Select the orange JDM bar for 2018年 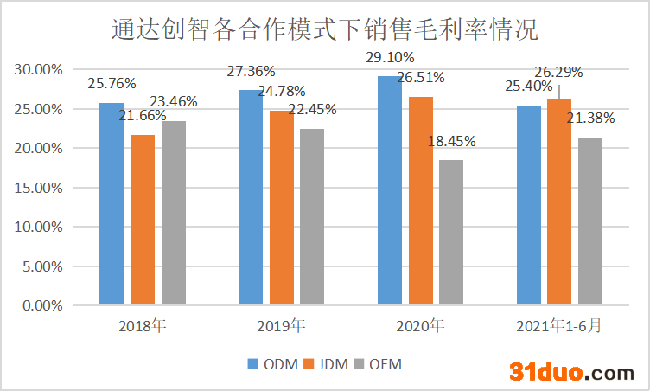(143, 220)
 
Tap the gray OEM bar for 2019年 (313, 217)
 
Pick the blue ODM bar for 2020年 (390, 190)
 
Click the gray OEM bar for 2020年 (452, 233)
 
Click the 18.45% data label (452, 142)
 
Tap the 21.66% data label (143, 116)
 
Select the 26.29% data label (558, 72)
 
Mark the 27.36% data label (251, 72)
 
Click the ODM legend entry (277, 364)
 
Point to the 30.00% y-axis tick (38, 70)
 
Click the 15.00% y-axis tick (38, 188)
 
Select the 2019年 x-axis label (281, 326)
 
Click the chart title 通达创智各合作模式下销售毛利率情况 (325, 31)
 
